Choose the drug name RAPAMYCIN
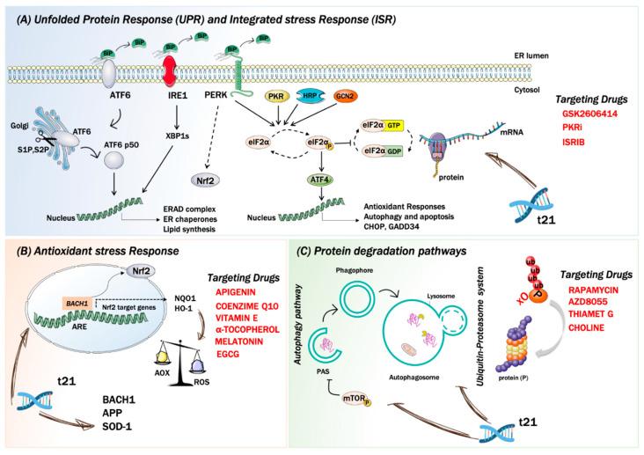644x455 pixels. click(x=589, y=285)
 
